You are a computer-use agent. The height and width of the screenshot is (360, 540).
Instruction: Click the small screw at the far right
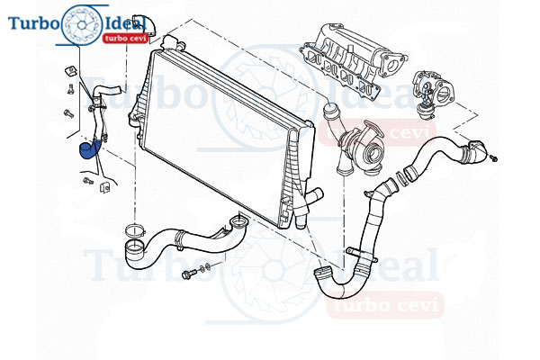coord(493,158)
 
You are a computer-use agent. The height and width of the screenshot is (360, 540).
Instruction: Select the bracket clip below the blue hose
coord(104,185)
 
